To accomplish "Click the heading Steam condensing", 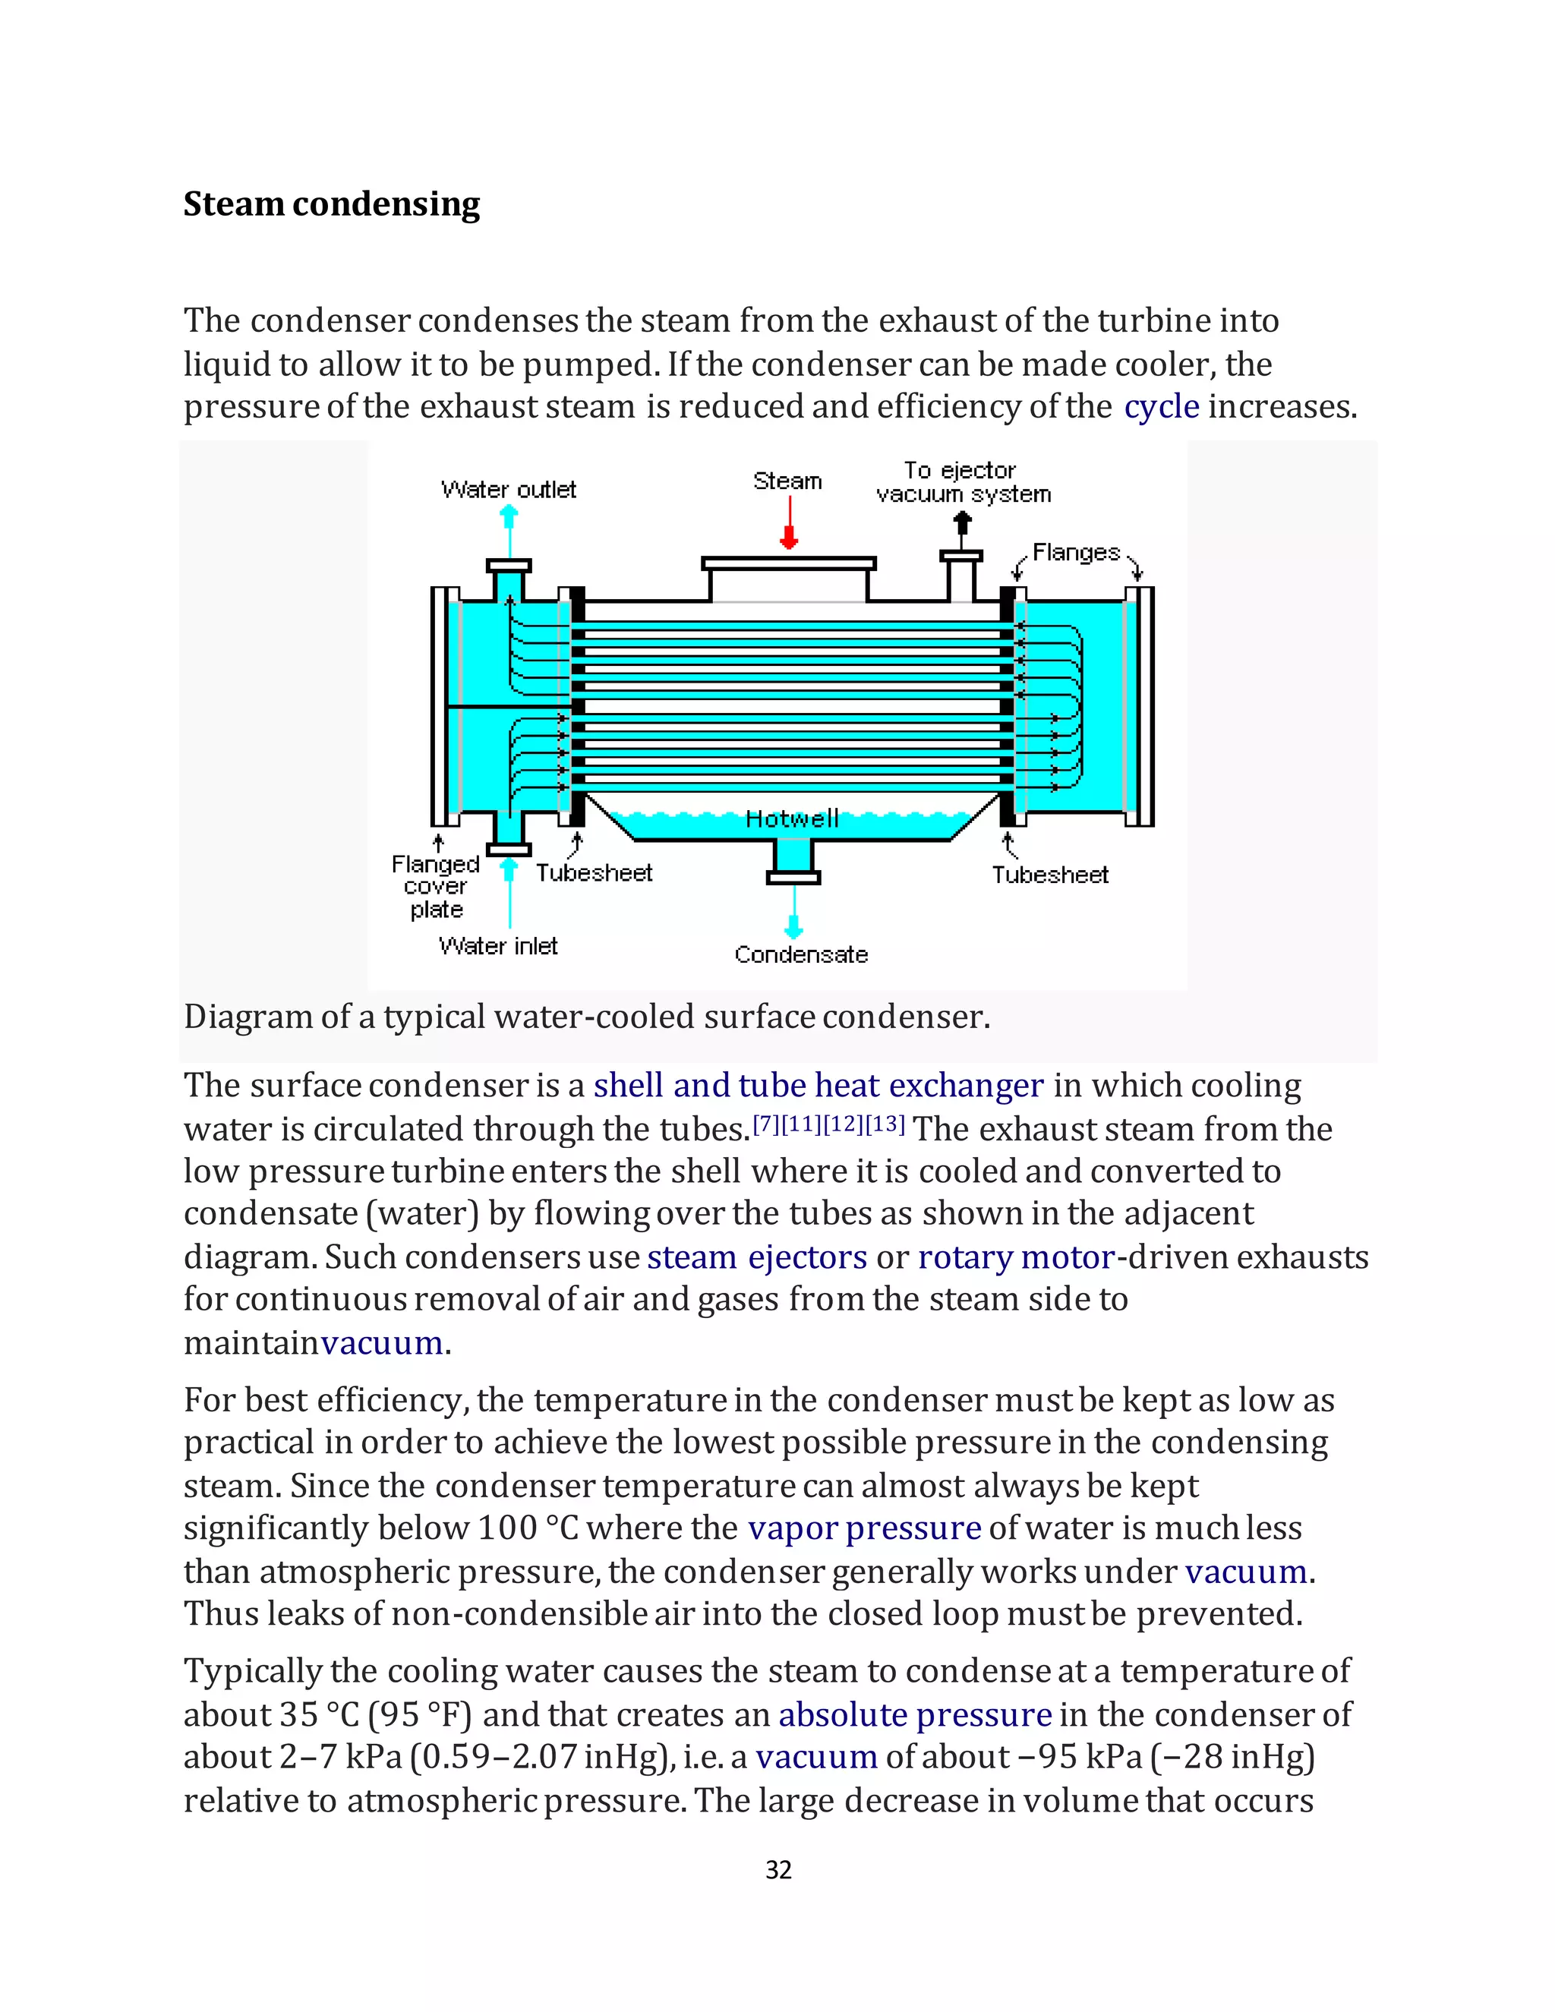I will point(332,204).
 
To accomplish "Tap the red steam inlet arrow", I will point(789,523).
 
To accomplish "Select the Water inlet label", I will point(498,946).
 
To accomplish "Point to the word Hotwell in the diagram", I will point(791,818).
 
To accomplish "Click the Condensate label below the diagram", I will point(800,954).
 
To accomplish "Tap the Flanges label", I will point(1075,553).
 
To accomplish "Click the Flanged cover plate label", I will point(436,886).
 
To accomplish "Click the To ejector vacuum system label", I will point(963,483).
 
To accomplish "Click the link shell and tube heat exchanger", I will point(818,1085).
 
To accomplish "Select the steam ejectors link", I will point(756,1257).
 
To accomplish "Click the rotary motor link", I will point(1016,1257).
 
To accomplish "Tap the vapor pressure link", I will point(863,1528).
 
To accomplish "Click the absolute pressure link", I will point(915,1714).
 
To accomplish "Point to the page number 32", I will point(778,1869).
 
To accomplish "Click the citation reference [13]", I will point(885,1124).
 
